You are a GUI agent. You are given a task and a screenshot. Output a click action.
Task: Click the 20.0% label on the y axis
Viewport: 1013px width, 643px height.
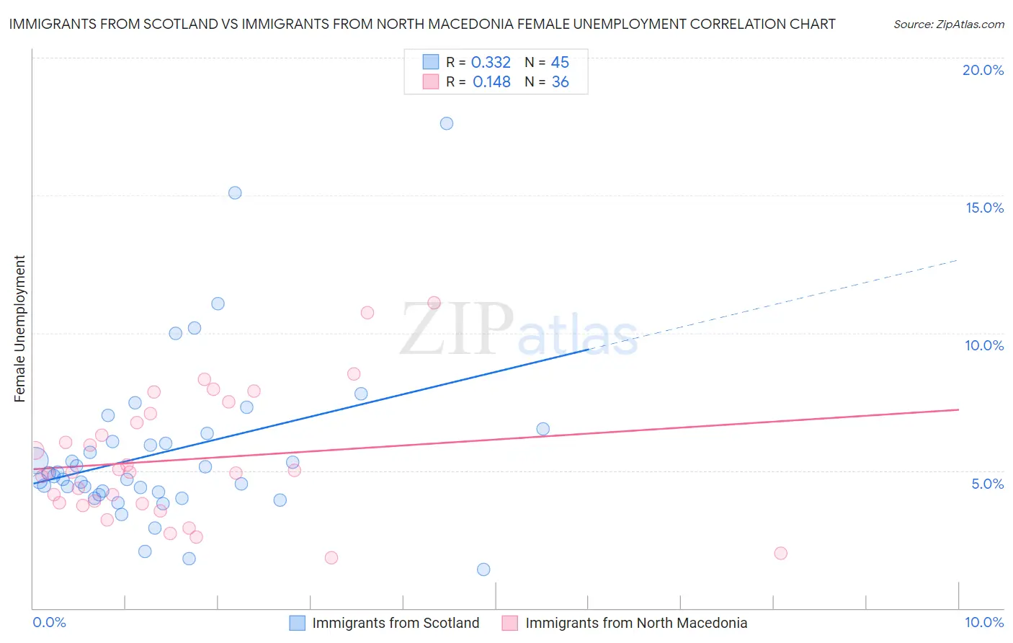tap(983, 70)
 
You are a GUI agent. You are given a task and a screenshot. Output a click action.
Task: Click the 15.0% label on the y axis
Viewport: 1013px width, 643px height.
tap(984, 208)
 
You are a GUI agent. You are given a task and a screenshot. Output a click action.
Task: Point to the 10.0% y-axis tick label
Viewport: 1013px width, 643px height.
tap(984, 345)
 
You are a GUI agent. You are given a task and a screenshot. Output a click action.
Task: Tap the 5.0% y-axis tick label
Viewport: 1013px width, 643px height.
tap(987, 484)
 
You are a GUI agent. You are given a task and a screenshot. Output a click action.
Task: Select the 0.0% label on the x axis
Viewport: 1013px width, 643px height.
tap(49, 622)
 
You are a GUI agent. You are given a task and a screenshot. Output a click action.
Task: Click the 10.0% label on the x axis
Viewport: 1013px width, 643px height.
tap(983, 622)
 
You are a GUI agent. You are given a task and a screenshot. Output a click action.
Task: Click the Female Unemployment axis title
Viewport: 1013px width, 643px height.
tap(19, 329)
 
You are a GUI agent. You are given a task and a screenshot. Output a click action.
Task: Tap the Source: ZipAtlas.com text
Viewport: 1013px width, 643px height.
tap(948, 25)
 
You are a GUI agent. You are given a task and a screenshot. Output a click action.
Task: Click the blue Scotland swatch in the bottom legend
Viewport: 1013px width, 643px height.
tap(297, 623)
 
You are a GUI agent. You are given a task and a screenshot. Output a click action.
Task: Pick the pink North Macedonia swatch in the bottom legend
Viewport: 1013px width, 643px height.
tap(510, 623)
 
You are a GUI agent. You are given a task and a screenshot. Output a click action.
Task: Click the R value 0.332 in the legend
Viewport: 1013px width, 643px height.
tap(491, 63)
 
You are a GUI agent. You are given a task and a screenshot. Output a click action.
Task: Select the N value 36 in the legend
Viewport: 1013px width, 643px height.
tap(560, 82)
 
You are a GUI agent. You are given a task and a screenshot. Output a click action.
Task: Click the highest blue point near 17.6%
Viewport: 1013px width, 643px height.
tap(447, 123)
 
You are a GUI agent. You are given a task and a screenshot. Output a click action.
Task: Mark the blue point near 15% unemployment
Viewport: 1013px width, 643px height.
tap(235, 192)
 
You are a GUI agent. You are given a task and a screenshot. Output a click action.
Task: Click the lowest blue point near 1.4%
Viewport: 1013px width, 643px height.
tap(483, 569)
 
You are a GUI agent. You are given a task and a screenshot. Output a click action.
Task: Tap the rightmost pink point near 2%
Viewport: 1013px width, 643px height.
tap(780, 553)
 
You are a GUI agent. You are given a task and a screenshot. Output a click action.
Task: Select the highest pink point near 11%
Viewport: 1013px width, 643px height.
tap(434, 303)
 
